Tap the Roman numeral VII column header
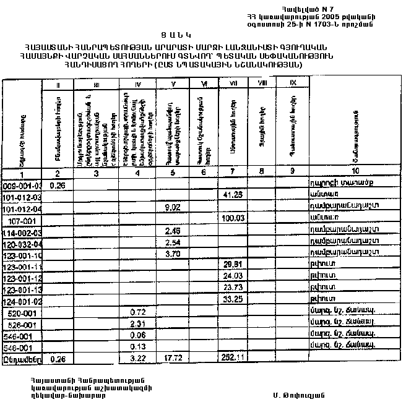[x=232, y=83]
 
